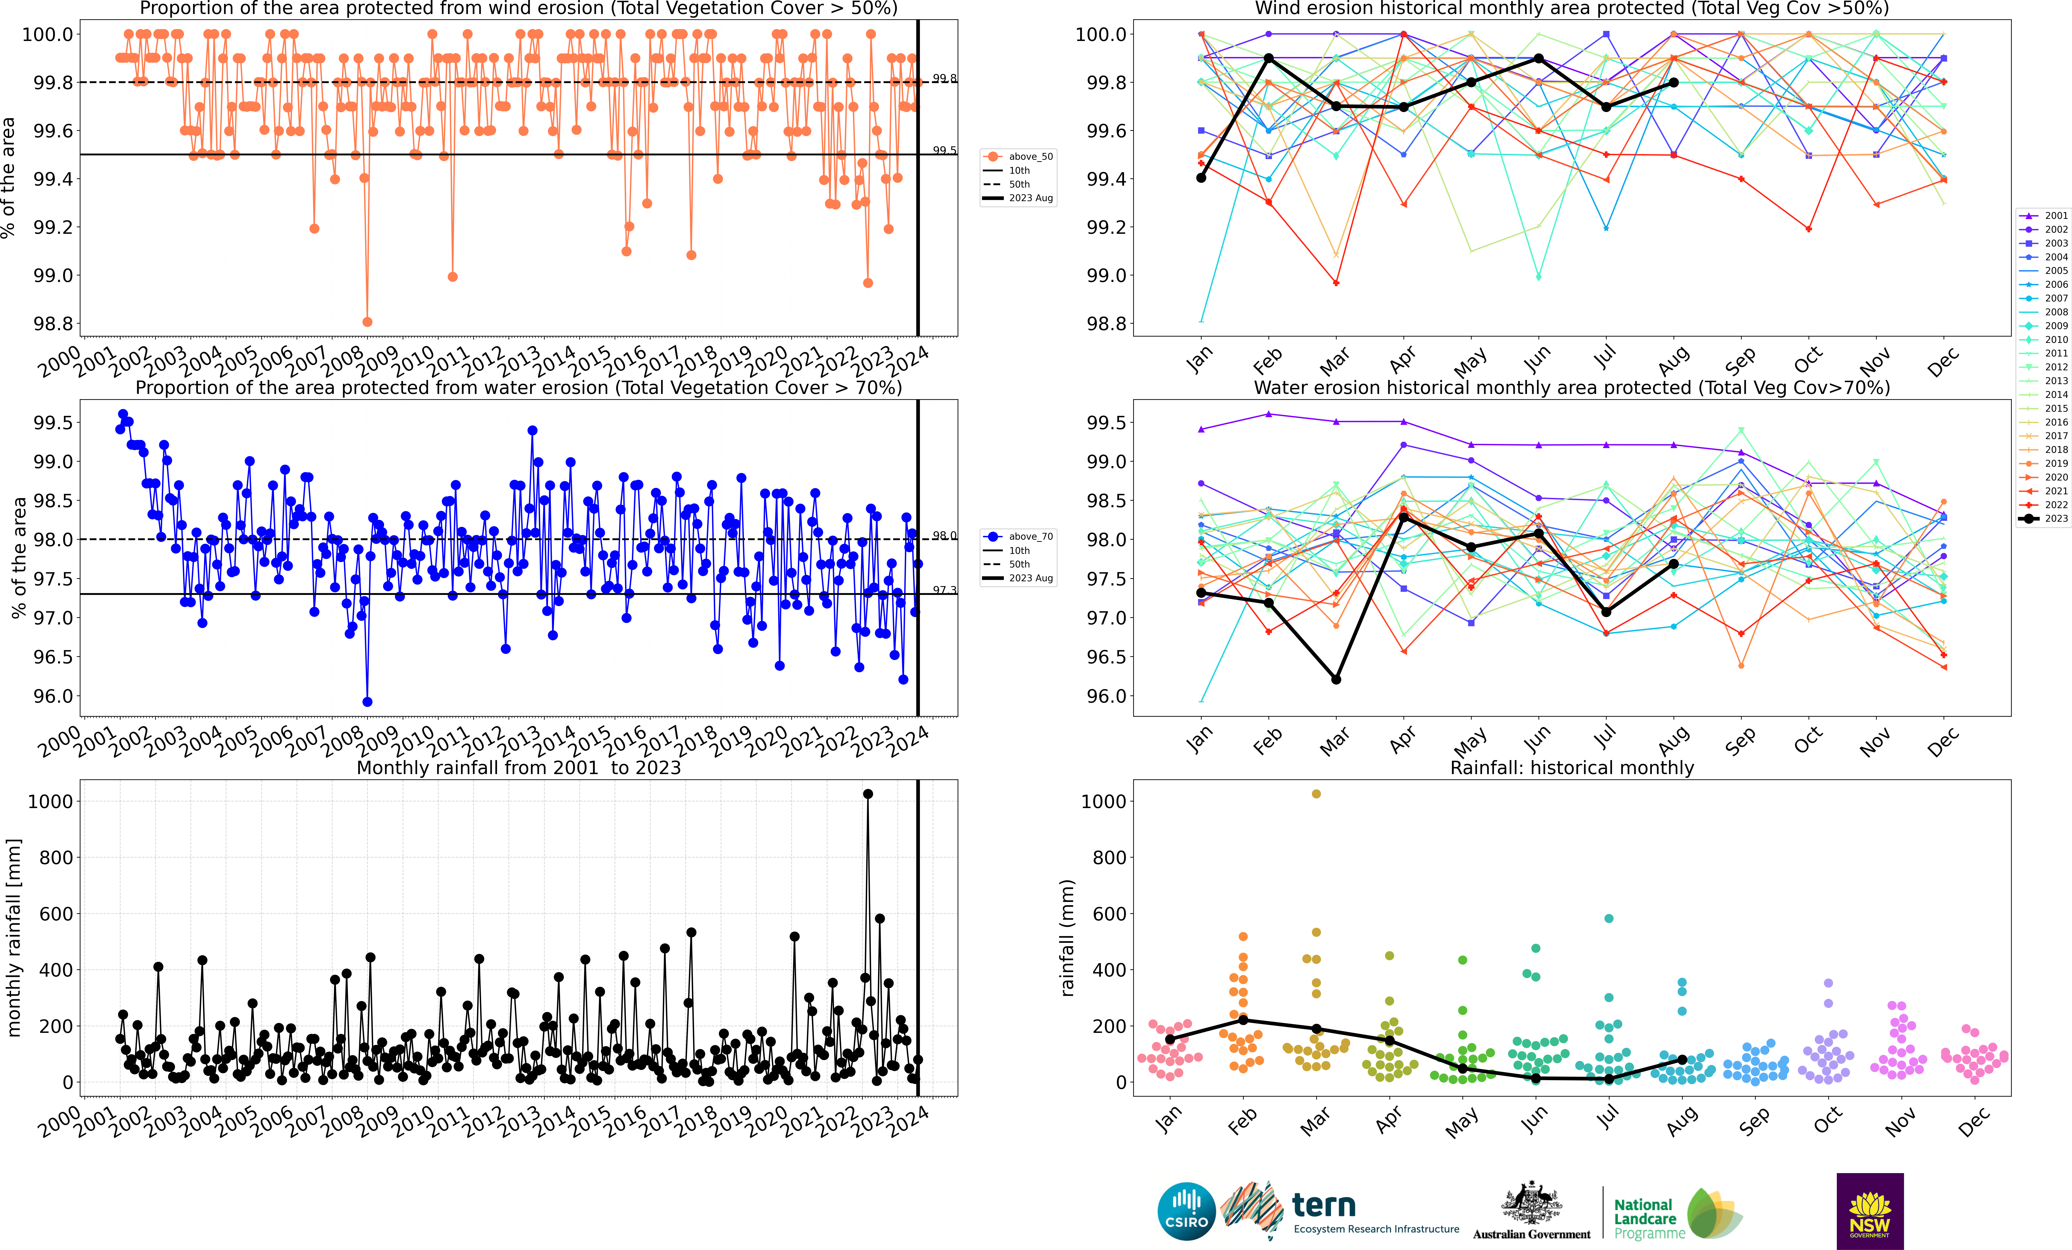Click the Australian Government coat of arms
1531,1204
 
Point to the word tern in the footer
1324,1206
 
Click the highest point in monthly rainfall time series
868,794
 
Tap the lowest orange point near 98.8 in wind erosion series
367,322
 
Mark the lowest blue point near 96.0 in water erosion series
367,702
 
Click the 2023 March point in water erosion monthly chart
1336,679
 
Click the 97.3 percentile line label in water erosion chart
944,590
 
